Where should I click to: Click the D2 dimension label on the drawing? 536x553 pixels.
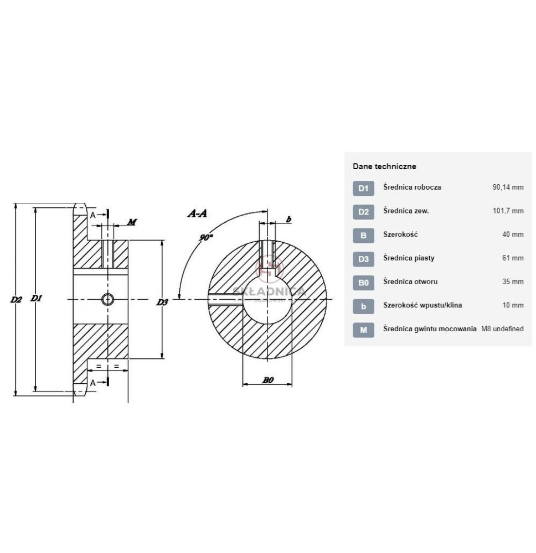[16, 300]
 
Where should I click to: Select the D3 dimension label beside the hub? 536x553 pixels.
[162, 302]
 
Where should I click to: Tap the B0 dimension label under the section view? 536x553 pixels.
[268, 380]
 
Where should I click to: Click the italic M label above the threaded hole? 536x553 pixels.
[132, 222]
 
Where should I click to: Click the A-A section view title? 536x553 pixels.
[197, 213]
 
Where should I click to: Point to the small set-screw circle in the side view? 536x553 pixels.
[107, 300]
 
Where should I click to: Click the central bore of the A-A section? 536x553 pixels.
[267, 299]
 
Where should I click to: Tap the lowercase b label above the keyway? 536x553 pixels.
[289, 220]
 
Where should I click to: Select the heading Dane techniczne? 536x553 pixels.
[384, 166]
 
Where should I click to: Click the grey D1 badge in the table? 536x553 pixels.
[363, 189]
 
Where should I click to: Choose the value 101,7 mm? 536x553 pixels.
[508, 211]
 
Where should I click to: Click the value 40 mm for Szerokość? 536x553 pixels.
[513, 234]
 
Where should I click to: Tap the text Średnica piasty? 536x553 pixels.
[409, 258]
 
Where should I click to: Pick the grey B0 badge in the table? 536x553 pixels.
[363, 283]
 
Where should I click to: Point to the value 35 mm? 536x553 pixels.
[513, 282]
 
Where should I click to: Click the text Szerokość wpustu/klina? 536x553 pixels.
[422, 305]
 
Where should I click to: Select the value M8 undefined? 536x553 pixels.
[502, 328]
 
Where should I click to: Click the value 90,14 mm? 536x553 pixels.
[508, 187]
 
